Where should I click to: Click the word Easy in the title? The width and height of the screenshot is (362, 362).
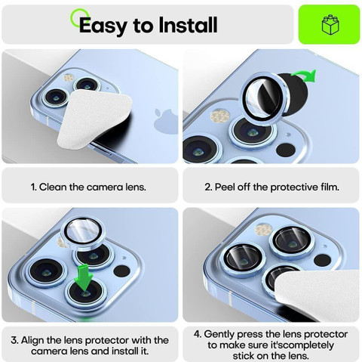click(x=103, y=26)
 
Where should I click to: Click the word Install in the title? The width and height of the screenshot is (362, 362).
click(x=188, y=24)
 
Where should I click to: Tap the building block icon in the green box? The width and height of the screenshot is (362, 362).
click(x=330, y=25)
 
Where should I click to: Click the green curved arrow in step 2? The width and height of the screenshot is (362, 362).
click(x=304, y=75)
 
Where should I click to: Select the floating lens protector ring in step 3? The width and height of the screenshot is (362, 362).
click(x=82, y=234)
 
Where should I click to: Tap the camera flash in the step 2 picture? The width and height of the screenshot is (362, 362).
click(x=219, y=116)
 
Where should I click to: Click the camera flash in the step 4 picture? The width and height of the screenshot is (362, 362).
click(x=263, y=230)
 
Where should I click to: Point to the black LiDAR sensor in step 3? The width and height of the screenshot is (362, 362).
click(x=121, y=271)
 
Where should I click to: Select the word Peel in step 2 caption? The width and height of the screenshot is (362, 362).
click(x=225, y=187)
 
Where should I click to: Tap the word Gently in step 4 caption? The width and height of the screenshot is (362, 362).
click(x=219, y=335)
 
